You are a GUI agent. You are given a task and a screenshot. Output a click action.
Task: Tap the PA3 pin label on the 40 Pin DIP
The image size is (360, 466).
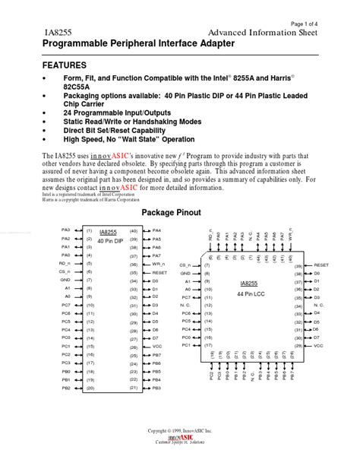65,230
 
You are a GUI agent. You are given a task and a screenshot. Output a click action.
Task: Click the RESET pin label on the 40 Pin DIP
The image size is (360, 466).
159,271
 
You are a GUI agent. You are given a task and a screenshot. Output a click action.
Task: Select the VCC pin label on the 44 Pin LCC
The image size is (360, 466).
318,345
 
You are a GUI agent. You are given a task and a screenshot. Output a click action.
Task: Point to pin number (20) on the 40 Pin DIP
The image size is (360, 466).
90,388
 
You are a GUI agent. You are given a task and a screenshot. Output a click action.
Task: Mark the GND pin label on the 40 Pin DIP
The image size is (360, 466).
65,280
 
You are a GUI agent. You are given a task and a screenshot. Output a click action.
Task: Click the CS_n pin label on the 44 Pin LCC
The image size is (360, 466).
185,265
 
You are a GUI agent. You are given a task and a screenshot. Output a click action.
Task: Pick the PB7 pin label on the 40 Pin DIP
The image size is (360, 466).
156,354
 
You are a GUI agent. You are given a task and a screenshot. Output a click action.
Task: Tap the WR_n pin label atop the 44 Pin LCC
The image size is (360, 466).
290,237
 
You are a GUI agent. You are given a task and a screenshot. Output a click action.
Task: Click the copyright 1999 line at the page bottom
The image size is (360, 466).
180,452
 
